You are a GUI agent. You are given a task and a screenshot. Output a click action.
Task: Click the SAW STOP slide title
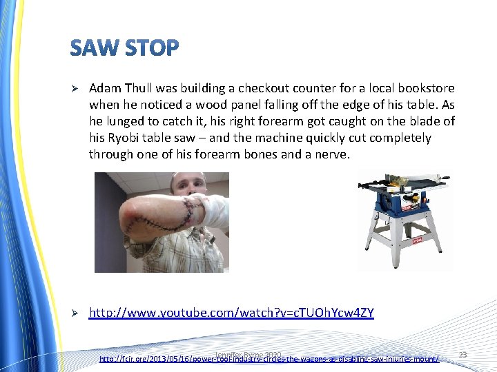click(124, 48)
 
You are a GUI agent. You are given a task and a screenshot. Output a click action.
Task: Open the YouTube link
click(231, 313)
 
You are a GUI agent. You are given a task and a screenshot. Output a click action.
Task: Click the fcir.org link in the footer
click(269, 359)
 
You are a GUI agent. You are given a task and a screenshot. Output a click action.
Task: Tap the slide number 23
click(462, 355)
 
